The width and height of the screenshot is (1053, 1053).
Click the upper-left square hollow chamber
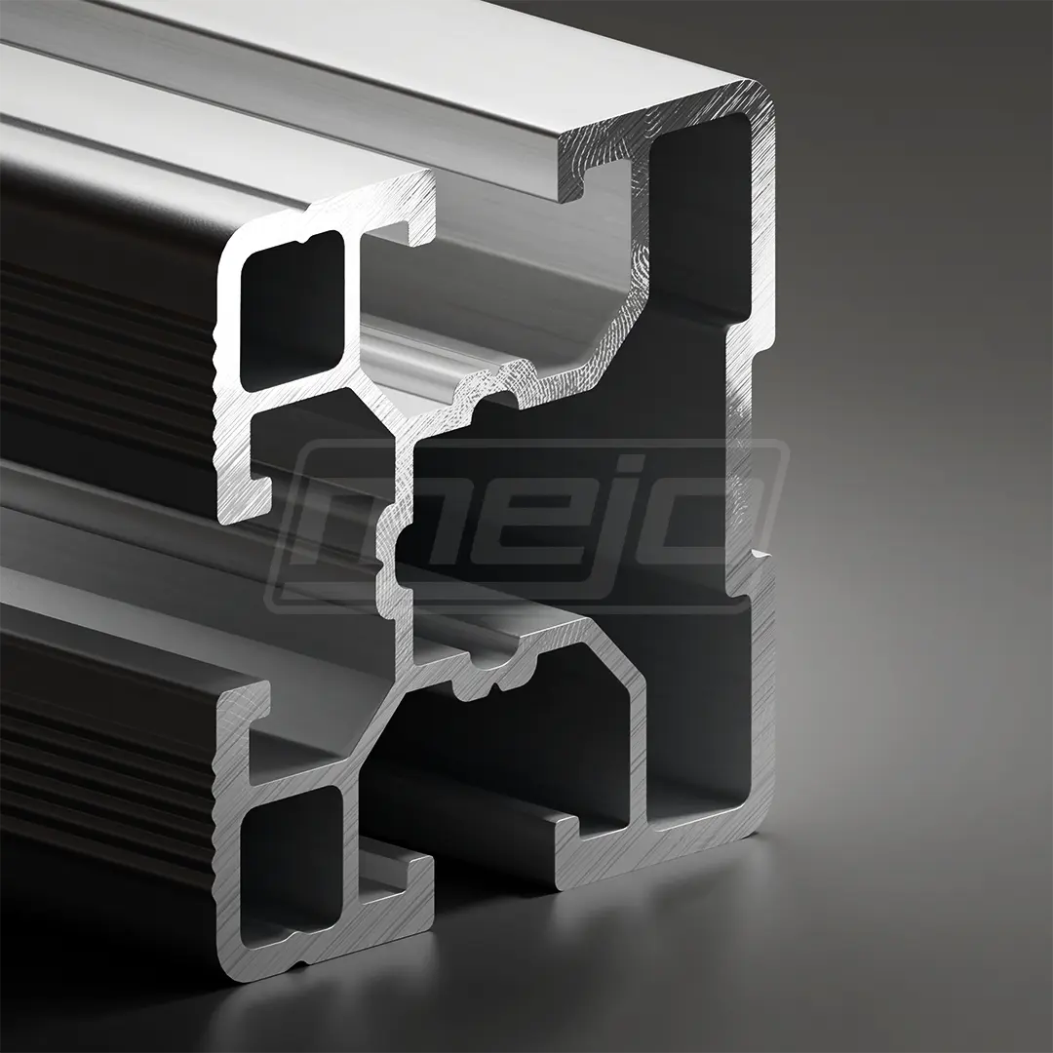tap(293, 310)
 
